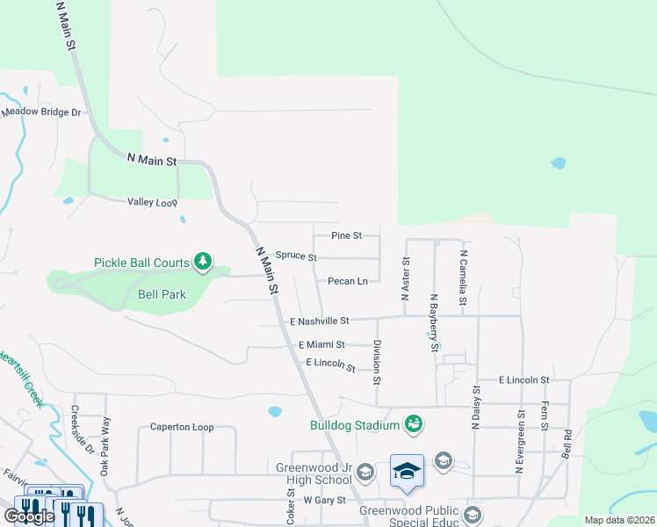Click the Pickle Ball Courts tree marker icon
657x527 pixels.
(203, 261)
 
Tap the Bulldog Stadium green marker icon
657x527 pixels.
(414, 425)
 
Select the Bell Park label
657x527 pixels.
(162, 295)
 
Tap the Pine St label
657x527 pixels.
(346, 235)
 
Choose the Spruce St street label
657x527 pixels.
(296, 256)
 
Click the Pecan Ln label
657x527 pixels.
(347, 281)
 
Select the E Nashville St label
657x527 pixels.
(320, 321)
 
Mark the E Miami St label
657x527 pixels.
(321, 345)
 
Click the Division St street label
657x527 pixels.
(377, 363)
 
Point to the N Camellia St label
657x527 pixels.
(463, 275)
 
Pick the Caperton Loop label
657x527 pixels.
(182, 427)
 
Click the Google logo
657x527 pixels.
(28, 516)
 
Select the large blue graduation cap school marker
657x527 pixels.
(407, 473)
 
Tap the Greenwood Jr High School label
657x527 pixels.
(314, 473)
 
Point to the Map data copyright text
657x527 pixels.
(619, 520)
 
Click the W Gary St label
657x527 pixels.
(321, 500)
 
